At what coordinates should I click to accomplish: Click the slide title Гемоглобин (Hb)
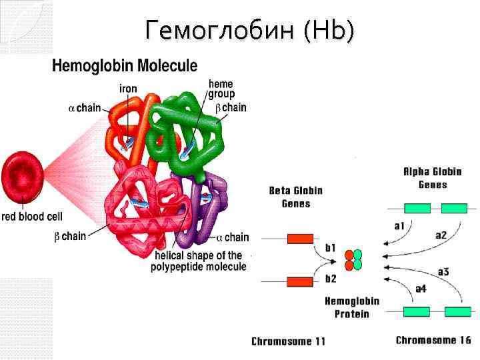[250, 30]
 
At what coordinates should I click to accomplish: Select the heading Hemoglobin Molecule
[125, 65]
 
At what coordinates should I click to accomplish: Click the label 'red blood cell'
[32, 216]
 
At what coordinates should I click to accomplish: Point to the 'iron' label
[128, 88]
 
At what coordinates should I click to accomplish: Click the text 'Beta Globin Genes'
[295, 197]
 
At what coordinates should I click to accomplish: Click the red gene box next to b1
[299, 239]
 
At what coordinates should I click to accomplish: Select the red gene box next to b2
[299, 281]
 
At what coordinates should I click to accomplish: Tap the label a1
[399, 227]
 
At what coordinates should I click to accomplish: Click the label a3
[443, 271]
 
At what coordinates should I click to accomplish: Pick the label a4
[421, 288]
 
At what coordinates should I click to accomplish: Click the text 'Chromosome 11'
[288, 341]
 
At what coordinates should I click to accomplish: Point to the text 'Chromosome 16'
[433, 341]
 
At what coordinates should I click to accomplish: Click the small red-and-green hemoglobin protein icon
[353, 260]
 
